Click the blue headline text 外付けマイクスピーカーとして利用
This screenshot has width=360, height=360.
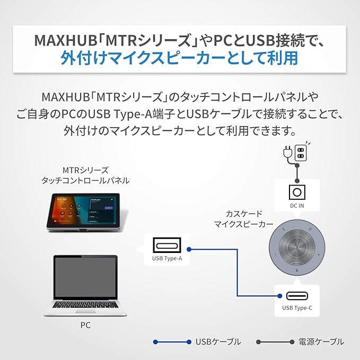pos(179,57)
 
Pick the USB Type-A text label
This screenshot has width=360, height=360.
pos(167,259)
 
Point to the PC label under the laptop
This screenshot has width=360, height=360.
pos(85,326)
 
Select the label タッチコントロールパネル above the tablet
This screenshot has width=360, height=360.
pos(85,181)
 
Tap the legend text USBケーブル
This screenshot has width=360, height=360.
pos(218,342)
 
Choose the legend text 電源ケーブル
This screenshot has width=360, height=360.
pos(321,342)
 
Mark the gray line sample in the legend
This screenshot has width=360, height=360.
pos(275,342)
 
